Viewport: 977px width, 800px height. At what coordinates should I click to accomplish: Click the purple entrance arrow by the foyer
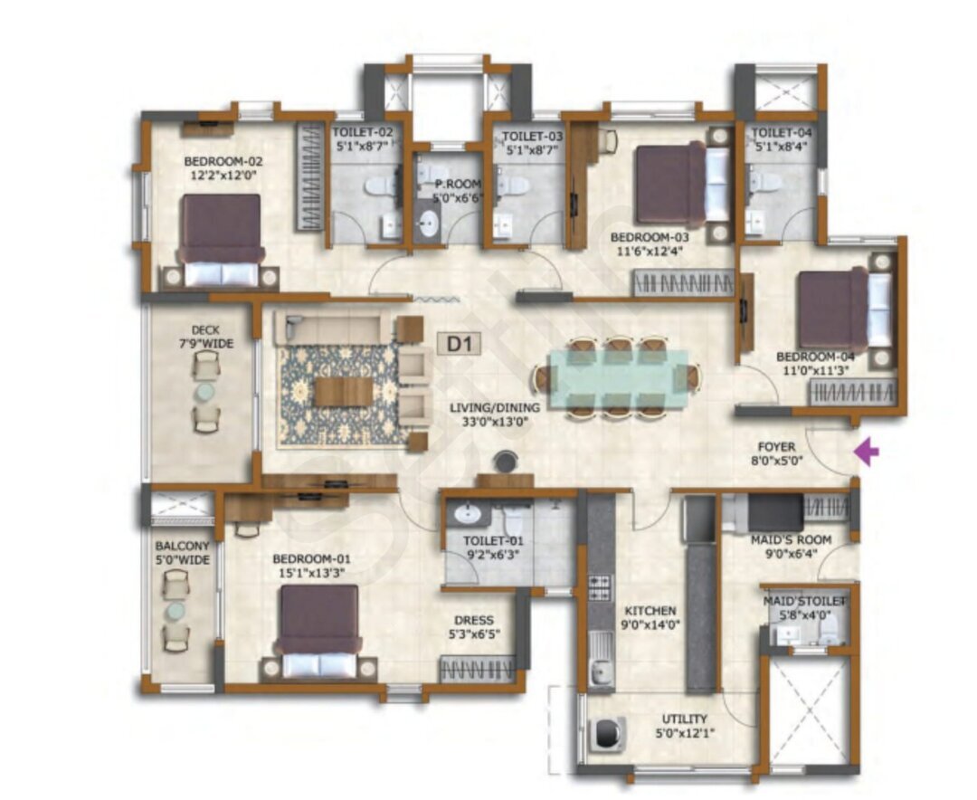click(x=866, y=452)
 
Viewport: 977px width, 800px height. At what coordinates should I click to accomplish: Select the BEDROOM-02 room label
click(x=223, y=161)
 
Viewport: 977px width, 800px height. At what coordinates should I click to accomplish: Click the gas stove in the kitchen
click(x=600, y=588)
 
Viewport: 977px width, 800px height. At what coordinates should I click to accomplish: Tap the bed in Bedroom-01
click(x=319, y=631)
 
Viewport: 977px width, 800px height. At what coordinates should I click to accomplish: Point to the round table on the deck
click(x=204, y=392)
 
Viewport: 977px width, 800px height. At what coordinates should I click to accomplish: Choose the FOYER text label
click(x=776, y=446)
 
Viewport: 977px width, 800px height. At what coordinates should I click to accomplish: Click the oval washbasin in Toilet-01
click(x=465, y=514)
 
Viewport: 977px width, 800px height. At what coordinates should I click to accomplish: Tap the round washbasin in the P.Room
click(x=428, y=223)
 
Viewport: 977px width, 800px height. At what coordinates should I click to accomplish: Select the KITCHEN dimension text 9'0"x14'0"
click(x=650, y=624)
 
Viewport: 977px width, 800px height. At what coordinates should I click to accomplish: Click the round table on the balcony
click(x=175, y=612)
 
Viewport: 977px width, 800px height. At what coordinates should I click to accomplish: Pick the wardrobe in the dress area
click(x=479, y=669)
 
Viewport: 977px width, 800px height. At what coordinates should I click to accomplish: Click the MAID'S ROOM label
click(x=792, y=539)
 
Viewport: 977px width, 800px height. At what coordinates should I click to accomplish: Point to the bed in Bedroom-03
click(x=682, y=185)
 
